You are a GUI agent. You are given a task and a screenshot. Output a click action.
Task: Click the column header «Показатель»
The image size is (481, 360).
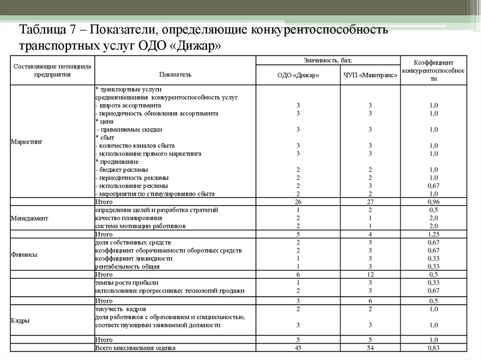175,75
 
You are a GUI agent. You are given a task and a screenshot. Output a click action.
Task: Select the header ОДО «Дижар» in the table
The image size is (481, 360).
298,75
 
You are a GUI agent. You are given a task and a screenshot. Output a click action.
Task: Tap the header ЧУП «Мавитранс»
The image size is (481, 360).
370,75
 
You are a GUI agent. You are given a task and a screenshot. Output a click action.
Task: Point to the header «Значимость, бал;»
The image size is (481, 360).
328,60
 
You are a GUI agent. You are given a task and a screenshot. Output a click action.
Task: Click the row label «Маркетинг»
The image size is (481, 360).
26,141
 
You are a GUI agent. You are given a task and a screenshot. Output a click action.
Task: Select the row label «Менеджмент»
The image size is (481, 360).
29,218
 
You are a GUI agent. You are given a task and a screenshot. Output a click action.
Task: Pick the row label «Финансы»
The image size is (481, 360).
24,254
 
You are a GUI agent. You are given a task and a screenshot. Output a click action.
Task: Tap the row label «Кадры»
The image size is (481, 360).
20,321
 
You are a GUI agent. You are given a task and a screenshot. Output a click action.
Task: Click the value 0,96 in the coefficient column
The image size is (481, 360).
433,202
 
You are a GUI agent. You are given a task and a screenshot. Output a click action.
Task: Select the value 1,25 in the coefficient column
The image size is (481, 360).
433,234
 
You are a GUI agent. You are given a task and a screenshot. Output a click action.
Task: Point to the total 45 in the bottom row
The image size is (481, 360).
298,348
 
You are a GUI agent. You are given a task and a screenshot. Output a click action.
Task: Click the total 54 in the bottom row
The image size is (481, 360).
370,348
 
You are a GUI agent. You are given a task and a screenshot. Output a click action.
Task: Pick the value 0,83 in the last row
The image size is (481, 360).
433,348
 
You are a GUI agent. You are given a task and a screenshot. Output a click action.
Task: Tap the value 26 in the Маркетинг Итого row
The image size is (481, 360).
298,202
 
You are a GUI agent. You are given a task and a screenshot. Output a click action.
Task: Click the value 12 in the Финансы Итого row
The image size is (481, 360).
370,274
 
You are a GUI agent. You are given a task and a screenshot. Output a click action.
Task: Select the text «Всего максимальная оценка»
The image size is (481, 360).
135,348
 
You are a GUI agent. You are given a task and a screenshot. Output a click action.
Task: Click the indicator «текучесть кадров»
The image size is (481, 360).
121,309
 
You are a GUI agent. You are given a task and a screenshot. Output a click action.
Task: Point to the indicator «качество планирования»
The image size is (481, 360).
129,218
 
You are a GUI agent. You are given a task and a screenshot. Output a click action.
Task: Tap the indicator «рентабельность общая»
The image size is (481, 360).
127,266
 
